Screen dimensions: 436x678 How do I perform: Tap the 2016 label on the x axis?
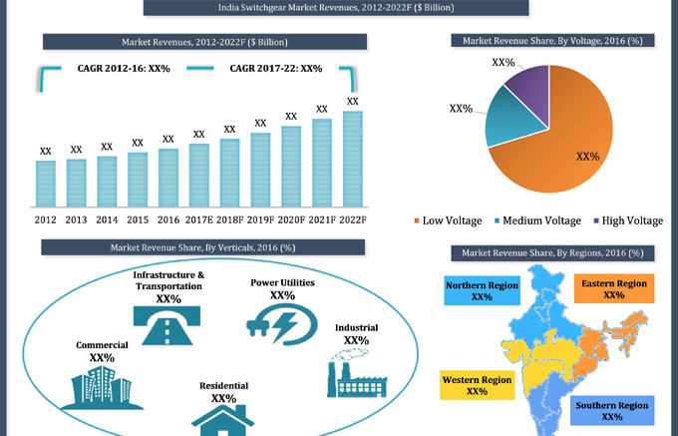(169, 219)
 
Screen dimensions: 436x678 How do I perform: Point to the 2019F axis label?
(260, 219)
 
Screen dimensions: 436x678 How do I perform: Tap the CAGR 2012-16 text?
(124, 69)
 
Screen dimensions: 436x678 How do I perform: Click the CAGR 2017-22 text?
(276, 69)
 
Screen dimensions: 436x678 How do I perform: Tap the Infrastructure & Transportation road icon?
(169, 325)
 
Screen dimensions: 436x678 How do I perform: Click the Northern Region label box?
(482, 291)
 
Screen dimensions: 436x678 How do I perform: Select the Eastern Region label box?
(613, 289)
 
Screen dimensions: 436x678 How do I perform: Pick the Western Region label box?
(477, 384)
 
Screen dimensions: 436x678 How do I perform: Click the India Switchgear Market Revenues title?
(338, 9)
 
